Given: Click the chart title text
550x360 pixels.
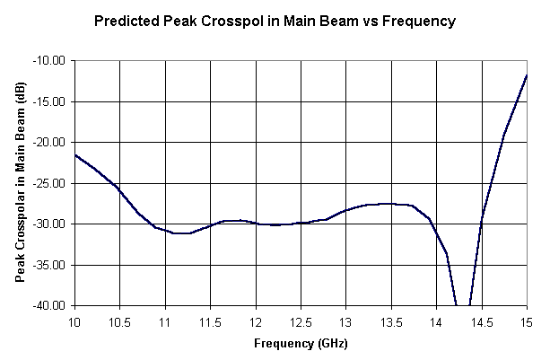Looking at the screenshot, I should (x=275, y=19).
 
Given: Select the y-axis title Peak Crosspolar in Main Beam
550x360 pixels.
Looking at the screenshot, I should (x=20, y=183).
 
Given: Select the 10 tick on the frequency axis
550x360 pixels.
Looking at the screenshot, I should (x=74, y=320).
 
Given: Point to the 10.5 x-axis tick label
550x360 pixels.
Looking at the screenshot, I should (x=120, y=320).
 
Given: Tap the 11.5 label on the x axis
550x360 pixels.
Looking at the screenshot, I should (x=210, y=320).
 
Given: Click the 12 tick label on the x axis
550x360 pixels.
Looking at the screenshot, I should (x=256, y=320).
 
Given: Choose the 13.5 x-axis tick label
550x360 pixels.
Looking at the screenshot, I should (x=391, y=320).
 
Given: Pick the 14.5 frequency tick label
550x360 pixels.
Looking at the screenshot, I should (x=482, y=320).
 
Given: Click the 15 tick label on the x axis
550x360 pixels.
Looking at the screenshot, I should (x=527, y=320).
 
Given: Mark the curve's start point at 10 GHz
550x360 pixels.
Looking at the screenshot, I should (x=75, y=155).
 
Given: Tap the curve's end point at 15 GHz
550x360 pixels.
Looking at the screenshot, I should (x=527, y=75).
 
